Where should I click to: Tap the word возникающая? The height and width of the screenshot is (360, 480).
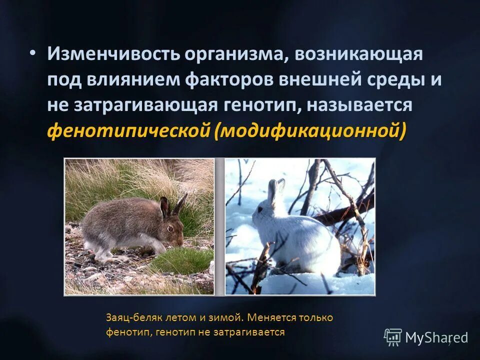[358, 54]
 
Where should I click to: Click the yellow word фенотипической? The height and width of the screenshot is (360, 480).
[127, 131]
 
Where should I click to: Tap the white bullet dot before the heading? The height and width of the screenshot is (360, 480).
[32, 53]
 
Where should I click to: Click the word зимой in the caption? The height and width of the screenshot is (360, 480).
[226, 317]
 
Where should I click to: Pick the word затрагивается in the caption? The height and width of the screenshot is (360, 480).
[252, 331]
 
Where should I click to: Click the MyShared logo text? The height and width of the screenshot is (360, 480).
[436, 337]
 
